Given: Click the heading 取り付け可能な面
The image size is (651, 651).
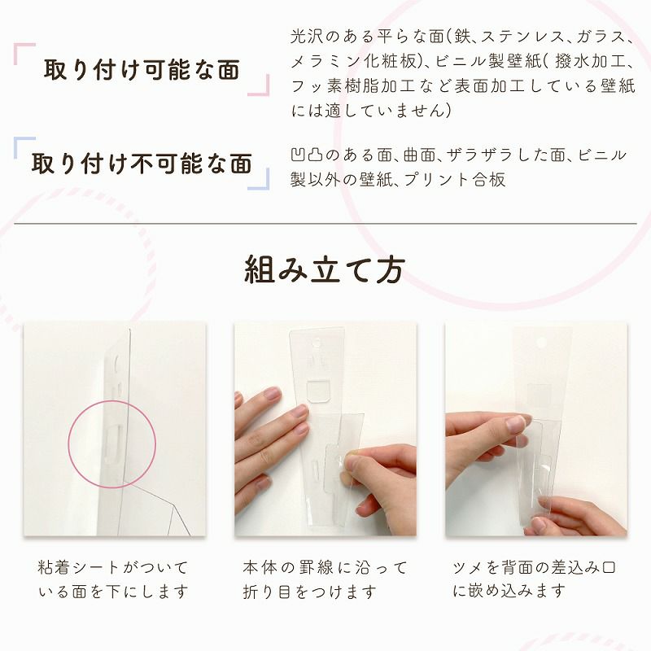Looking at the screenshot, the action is (142, 69).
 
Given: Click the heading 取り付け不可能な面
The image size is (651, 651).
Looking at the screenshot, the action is (142, 163).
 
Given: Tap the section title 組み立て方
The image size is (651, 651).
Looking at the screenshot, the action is (325, 270).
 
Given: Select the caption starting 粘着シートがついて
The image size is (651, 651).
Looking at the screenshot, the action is (113, 579).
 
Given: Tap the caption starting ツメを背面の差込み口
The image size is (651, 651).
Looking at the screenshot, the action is (534, 579).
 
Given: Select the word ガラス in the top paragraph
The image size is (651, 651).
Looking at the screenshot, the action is (602, 37).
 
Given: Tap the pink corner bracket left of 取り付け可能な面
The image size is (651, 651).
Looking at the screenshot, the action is (24, 54).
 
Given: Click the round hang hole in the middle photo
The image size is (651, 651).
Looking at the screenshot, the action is (317, 343).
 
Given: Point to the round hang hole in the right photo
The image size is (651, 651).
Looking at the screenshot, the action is (541, 343).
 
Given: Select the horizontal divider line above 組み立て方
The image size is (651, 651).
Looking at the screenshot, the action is (325, 224).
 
